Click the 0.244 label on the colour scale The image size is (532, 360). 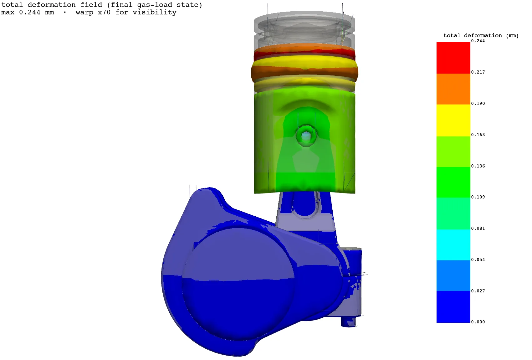478,41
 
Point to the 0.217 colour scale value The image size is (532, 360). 478,72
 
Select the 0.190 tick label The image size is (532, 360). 478,104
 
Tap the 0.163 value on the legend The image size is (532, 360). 478,135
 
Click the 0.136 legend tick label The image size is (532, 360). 478,166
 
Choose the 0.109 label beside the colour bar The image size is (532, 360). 478,197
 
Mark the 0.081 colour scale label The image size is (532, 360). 478,228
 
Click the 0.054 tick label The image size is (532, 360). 478,260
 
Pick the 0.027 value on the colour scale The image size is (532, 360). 478,291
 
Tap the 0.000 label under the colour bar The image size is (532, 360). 478,322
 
